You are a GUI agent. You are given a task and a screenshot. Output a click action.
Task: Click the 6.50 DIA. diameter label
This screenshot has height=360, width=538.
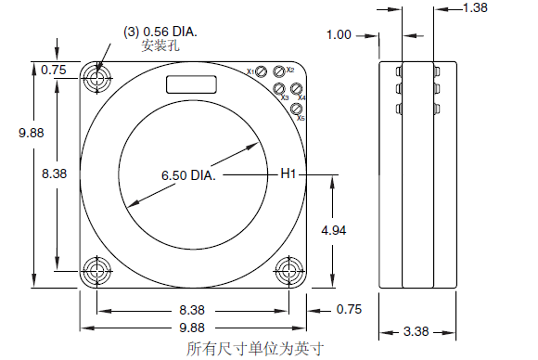coord(188,175)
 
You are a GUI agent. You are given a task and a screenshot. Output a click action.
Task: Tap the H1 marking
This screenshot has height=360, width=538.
coord(288,174)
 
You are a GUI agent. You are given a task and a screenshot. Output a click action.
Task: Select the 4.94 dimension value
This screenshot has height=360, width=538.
coord(334,230)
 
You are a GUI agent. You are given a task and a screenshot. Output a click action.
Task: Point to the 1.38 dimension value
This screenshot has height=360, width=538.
coord(475,7)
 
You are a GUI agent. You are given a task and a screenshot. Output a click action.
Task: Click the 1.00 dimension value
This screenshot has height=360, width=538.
coord(339,34)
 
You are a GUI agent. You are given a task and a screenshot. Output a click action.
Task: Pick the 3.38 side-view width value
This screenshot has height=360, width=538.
coord(416,331)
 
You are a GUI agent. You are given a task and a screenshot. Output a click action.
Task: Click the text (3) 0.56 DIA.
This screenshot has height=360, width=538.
coord(160,32)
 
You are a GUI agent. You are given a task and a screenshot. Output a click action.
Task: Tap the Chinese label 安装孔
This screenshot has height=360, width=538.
coord(160,45)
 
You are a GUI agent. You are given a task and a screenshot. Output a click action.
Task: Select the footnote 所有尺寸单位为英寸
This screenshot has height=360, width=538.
coord(255,349)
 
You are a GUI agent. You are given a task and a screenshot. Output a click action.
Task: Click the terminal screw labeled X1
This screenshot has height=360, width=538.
coord(262,71)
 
